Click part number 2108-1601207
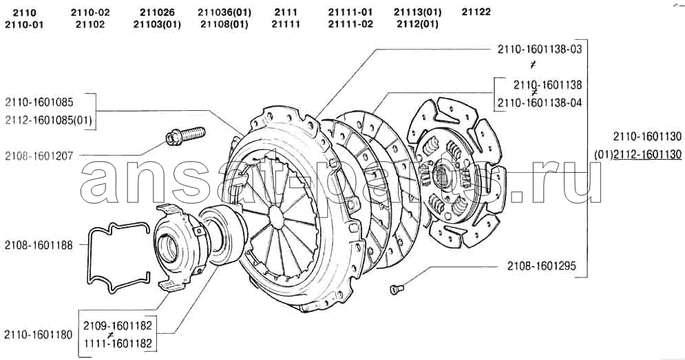[x=39, y=156]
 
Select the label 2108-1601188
[x=39, y=245]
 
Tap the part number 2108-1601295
[x=542, y=266]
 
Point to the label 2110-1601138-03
[x=540, y=49]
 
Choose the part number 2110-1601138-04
[x=540, y=103]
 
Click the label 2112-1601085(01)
[x=49, y=120]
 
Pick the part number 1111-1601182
[x=118, y=343]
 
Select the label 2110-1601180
[x=39, y=335]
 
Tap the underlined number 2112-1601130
[x=647, y=154]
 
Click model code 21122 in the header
[x=476, y=12]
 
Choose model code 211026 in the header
[x=157, y=12]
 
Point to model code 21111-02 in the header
[x=350, y=24]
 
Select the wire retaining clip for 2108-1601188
[x=119, y=257]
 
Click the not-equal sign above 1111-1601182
[x=112, y=335]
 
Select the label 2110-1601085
[x=39, y=103]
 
